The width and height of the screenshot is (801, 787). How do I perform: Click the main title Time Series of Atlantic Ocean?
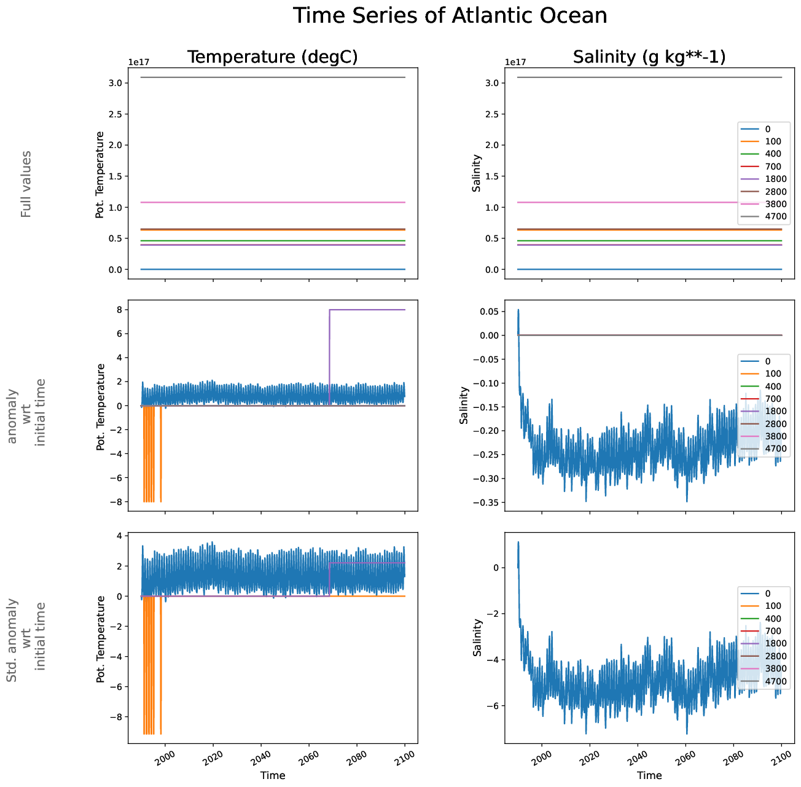pos(450,16)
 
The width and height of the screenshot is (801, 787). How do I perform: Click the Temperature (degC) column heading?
pos(272,57)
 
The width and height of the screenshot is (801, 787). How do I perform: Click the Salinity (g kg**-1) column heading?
pos(649,57)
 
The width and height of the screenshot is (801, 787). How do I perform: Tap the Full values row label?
pos(26,184)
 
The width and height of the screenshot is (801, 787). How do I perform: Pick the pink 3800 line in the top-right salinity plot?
pos(614,202)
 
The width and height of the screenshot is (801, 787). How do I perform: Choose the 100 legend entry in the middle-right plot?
pos(773,374)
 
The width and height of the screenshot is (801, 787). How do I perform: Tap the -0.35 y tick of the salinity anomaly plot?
pos(486,503)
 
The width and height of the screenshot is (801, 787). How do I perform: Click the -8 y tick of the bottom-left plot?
pos(117,717)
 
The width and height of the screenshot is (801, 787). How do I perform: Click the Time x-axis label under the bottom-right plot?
pos(649,775)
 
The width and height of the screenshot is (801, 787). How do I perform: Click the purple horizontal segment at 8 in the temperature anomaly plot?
pos(369,310)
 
